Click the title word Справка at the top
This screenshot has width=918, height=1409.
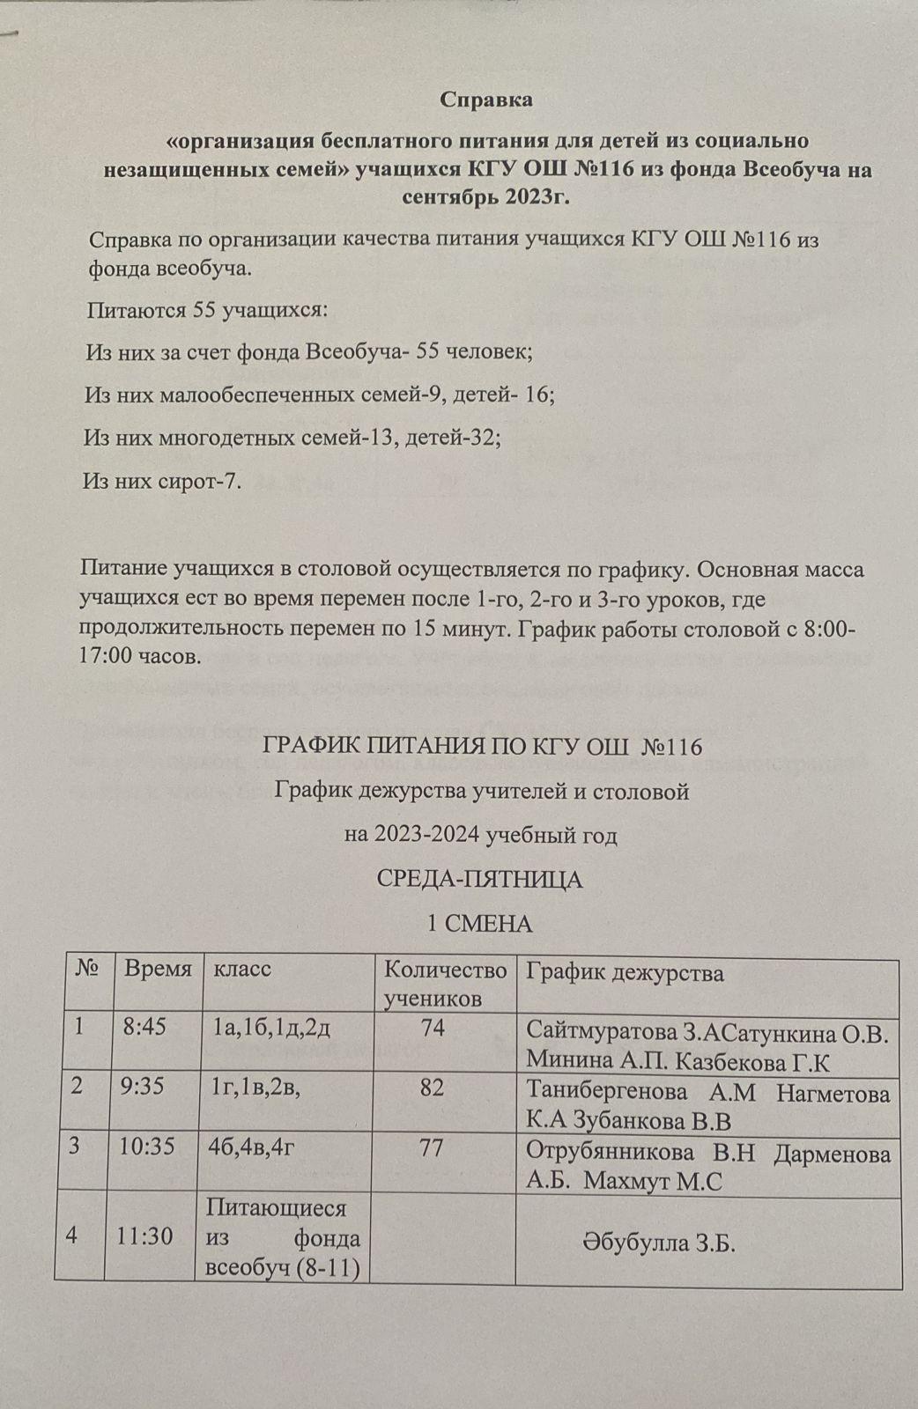coord(486,100)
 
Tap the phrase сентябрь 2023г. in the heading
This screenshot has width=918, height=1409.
coord(485,195)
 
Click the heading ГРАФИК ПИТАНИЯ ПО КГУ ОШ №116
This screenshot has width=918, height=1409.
coord(482,748)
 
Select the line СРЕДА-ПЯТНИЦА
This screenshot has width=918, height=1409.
coord(480,880)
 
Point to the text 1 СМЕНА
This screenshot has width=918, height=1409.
coord(479,924)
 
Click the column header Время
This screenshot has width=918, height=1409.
coord(158,970)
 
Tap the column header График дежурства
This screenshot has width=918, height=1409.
coord(626,972)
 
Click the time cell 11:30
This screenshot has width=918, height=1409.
coord(145,1236)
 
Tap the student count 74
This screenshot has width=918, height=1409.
coord(433,1028)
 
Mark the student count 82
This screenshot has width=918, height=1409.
coord(432,1088)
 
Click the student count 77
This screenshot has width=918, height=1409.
coord(432,1148)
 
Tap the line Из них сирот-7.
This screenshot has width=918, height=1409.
coord(162,481)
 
